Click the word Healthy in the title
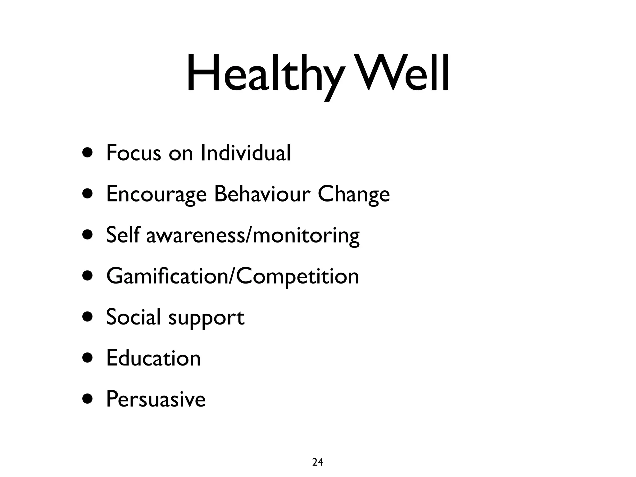coord(264,75)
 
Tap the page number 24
coord(317,462)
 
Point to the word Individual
coord(246,153)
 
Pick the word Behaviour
coord(262,194)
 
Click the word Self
coord(123,235)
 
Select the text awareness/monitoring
coord(253,235)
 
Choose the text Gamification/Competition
coord(232,276)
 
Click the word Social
coord(133,317)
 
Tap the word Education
coord(153,358)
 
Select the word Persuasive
coord(156,399)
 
